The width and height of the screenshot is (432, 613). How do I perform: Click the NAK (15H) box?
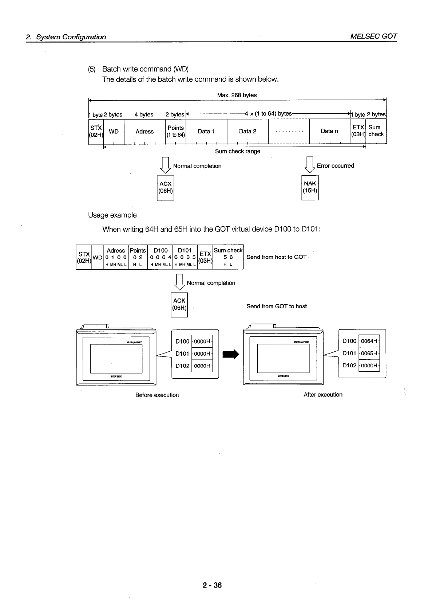click(x=310, y=187)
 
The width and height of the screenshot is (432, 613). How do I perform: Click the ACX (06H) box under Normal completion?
click(x=165, y=188)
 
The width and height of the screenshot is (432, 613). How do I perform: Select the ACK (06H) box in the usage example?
click(x=179, y=304)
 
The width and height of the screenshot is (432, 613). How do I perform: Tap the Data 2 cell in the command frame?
click(x=247, y=132)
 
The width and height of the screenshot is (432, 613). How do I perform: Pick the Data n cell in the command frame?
click(x=329, y=131)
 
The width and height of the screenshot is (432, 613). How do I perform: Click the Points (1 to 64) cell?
click(x=176, y=131)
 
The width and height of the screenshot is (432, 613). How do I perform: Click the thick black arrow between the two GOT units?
click(x=231, y=353)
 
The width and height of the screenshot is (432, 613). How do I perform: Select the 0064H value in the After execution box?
click(x=369, y=341)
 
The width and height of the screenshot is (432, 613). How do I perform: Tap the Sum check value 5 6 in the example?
click(x=228, y=257)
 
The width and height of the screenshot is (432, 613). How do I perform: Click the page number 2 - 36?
click(x=212, y=586)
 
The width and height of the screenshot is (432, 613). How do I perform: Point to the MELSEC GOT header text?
click(x=374, y=36)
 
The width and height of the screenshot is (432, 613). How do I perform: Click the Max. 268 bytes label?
click(x=237, y=95)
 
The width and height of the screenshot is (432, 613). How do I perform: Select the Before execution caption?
click(x=157, y=395)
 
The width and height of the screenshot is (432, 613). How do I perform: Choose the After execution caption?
click(x=323, y=395)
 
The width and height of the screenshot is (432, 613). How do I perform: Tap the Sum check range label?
click(x=238, y=151)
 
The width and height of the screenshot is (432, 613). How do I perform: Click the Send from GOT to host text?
click(x=276, y=306)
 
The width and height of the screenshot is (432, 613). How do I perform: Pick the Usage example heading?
click(x=112, y=215)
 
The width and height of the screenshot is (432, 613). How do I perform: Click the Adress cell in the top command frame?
click(x=144, y=132)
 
